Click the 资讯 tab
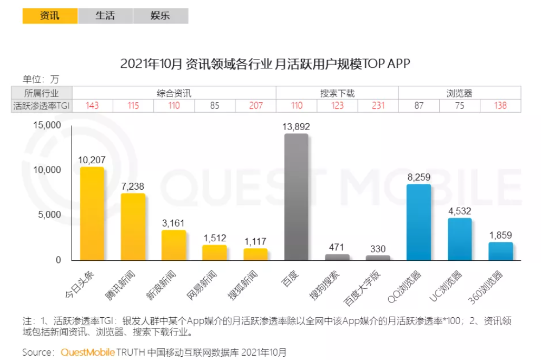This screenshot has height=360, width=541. (50, 16)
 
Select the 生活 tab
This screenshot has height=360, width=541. (105, 16)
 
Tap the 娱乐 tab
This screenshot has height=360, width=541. (160, 16)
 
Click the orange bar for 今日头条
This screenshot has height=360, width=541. (92, 214)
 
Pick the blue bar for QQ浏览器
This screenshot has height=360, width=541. (419, 222)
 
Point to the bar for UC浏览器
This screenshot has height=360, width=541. (460, 239)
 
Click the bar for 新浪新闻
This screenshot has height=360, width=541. (173, 245)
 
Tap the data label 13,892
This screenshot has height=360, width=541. (296, 126)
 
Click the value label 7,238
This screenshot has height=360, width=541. (133, 186)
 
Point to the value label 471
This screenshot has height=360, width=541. (337, 247)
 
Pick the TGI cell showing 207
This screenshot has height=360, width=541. (255, 106)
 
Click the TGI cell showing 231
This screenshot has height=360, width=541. (378, 106)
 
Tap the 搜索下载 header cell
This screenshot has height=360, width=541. (337, 93)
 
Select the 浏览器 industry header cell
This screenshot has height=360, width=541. (460, 93)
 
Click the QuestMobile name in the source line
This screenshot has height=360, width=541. (87, 352)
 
